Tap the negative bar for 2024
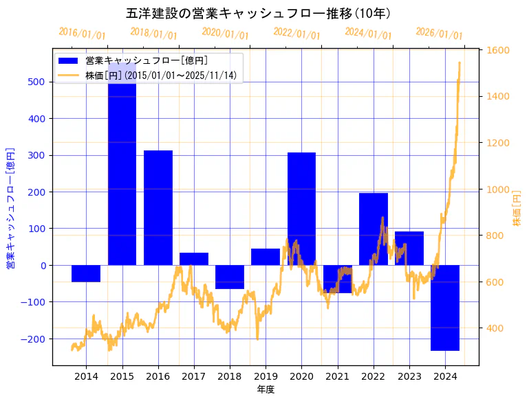tap(445, 308)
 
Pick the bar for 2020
tap(301, 206)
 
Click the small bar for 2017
tap(194, 259)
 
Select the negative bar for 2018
tap(230, 277)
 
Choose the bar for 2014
tap(86, 273)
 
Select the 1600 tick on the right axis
tap(498, 50)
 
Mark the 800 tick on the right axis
tap(495, 236)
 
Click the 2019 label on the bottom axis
tap(266, 376)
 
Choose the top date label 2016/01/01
tap(82, 33)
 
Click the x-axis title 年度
tap(266, 389)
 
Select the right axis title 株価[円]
tap(517, 209)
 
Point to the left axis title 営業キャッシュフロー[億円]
tap(10, 207)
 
